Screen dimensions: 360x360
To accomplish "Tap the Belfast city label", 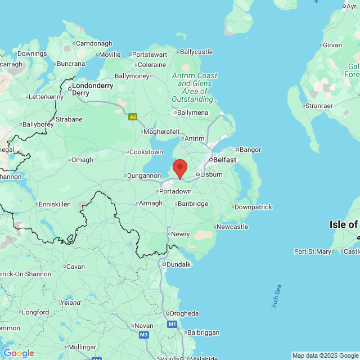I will (x=224, y=160).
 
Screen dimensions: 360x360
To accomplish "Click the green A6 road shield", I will (x=133, y=117).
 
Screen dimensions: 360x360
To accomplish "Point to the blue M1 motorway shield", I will (x=172, y=325).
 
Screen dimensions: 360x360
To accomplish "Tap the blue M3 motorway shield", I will (x=143, y=335).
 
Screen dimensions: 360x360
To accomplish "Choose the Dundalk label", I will (x=177, y=264).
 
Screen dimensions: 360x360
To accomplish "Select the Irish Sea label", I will (x=276, y=296).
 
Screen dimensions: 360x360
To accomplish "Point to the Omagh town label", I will (x=82, y=160).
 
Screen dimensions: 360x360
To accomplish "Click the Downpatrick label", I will (x=253, y=207).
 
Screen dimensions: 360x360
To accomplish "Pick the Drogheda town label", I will (x=183, y=313).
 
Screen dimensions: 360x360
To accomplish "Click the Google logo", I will (x=19, y=353).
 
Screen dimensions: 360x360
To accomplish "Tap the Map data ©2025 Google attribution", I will (x=325, y=355).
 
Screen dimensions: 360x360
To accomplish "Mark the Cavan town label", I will (x=75, y=266).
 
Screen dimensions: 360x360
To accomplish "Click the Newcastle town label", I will (x=232, y=227).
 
